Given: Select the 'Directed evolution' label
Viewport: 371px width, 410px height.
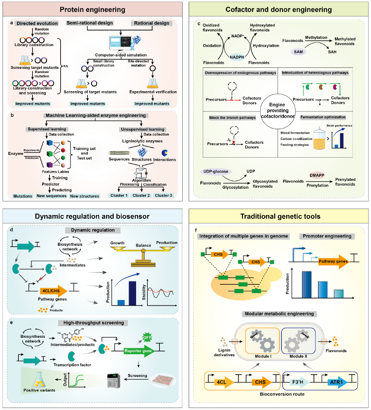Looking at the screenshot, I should (37, 24).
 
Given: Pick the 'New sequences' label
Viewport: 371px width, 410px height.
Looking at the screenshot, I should (55, 196).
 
